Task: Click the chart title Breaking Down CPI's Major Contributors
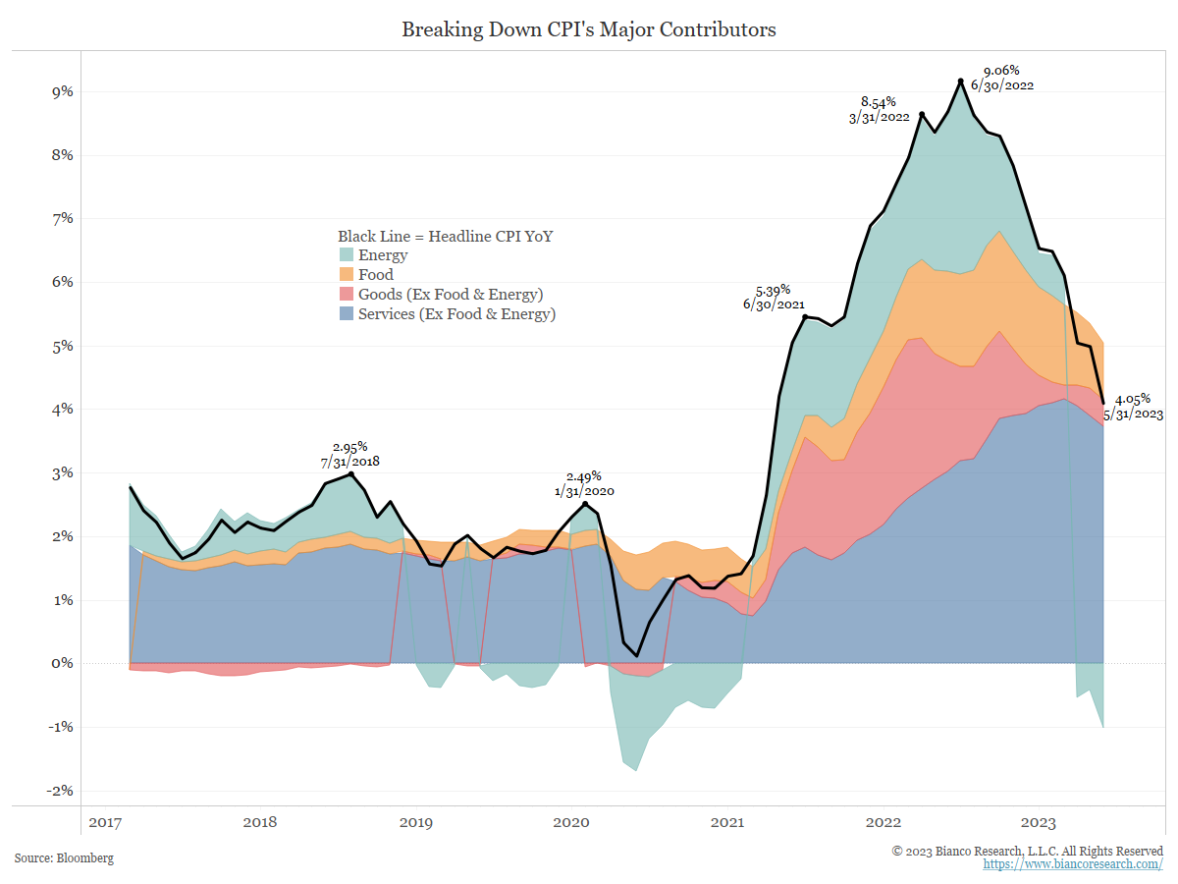589,29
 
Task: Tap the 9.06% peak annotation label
1001,71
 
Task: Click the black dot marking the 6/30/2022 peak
960,82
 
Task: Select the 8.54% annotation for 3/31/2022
879,102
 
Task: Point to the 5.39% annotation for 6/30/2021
773,290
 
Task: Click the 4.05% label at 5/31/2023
1133,399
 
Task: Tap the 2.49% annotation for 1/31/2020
583,476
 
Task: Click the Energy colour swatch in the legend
346,255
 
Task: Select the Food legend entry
375,275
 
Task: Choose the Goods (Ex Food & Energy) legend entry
450,295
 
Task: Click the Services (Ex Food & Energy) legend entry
456,314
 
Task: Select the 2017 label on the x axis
105,822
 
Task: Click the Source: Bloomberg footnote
64,858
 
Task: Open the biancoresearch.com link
1073,864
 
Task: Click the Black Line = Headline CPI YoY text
446,237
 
